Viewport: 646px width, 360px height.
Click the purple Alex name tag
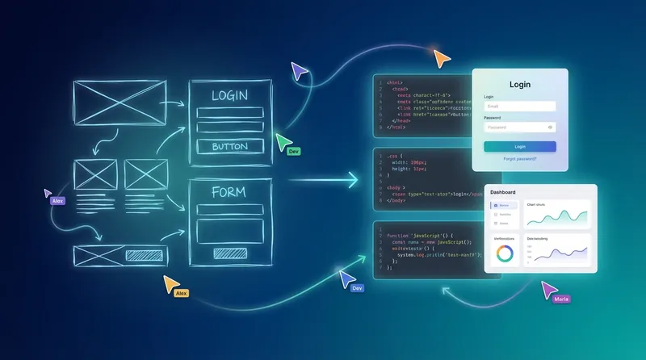57,200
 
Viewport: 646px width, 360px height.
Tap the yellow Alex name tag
182,293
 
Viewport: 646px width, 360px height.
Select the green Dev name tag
294,151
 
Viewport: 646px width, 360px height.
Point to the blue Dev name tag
357,287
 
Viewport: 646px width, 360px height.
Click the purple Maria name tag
561,299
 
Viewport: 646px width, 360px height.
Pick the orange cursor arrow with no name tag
440,58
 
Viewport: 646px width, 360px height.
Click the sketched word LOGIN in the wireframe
229,96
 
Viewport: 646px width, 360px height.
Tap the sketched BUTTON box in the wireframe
229,146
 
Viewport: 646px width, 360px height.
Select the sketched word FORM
229,192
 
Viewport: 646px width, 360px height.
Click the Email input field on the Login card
519,106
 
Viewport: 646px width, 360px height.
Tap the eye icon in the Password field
550,127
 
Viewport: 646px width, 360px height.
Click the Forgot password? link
519,159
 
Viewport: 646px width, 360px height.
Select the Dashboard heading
503,193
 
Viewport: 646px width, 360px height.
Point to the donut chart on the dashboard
505,253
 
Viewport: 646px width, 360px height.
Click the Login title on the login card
520,84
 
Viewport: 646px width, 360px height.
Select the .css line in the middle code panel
392,155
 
